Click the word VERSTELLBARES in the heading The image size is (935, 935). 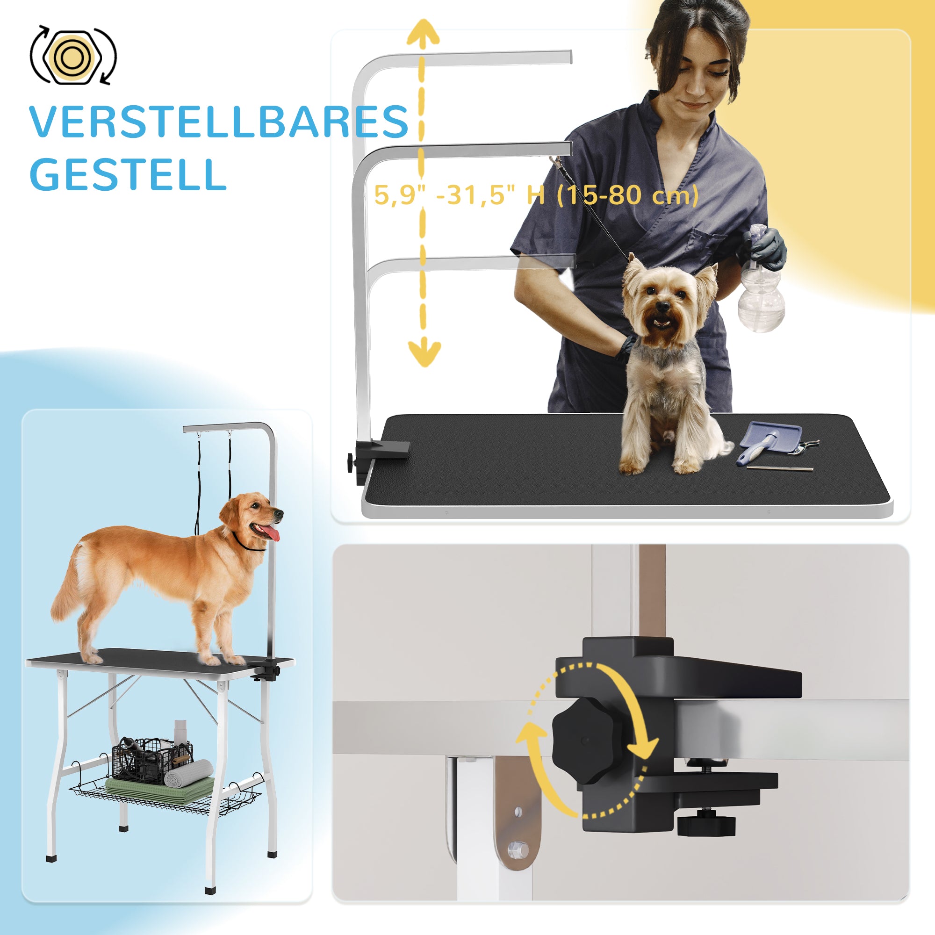click(x=219, y=122)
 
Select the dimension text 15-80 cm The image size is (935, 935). click(x=627, y=195)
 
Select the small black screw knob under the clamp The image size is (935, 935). click(x=706, y=823)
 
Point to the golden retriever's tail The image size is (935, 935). click(x=68, y=588)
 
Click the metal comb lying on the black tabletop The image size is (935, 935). click(x=780, y=468)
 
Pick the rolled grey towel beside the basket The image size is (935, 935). click(x=189, y=772)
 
